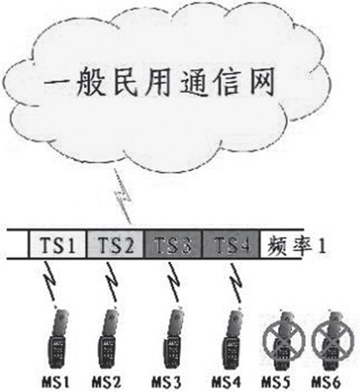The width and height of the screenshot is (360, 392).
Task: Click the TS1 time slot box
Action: [58, 244]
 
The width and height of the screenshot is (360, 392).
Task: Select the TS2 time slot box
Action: [115, 244]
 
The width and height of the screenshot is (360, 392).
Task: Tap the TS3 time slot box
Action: [174, 244]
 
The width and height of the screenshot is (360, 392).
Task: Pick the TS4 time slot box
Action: [231, 244]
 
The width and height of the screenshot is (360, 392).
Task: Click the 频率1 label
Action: [296, 246]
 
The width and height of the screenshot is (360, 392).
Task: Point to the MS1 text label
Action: [55, 382]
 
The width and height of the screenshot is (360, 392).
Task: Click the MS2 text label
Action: [106, 382]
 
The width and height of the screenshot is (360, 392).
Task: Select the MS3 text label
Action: [166, 382]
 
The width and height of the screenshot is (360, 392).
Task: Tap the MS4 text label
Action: [227, 382]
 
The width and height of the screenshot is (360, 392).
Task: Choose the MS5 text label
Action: [276, 382]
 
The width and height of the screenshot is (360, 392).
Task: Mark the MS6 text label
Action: [326, 382]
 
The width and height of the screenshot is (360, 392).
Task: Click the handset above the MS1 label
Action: [58, 339]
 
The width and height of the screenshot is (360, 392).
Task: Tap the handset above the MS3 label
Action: [174, 339]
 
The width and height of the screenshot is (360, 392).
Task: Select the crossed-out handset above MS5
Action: [283, 341]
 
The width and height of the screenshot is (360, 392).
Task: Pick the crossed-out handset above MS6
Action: [333, 341]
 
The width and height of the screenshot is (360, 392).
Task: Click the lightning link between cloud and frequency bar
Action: [122, 196]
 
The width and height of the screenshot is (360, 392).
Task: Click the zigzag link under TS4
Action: [236, 281]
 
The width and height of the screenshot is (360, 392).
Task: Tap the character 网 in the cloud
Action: [258, 83]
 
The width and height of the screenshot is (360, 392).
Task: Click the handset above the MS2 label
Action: [109, 339]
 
